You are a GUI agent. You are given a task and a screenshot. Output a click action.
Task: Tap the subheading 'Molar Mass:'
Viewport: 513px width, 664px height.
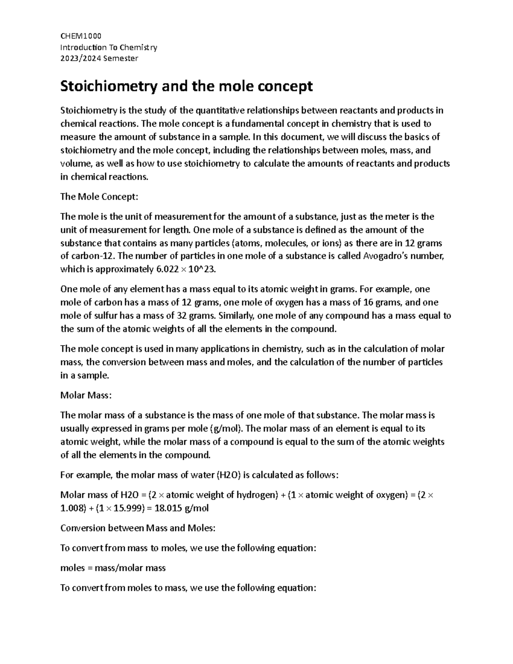(x=85, y=395)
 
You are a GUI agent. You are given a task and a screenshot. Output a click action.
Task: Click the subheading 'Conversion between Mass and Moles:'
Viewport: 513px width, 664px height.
(x=138, y=528)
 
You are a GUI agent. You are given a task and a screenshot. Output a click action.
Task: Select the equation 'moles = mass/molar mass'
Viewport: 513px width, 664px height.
(x=113, y=568)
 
